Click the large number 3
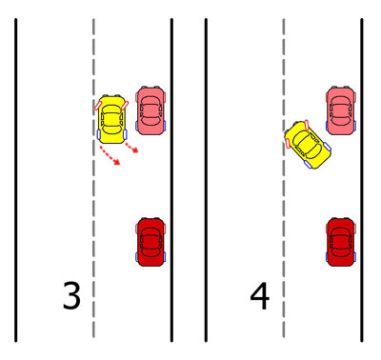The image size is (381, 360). point(71,295)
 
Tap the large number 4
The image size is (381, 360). point(260,296)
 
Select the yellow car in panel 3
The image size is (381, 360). point(111,119)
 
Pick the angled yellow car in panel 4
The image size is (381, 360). point(308,144)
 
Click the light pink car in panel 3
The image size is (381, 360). point(150,110)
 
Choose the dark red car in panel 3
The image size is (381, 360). point(150,242)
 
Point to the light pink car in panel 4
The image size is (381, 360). point(341,110)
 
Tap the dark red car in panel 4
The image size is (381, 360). point(341,242)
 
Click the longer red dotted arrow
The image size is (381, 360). point(110,155)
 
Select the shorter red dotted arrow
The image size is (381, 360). point(131,148)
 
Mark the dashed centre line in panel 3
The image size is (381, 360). point(93,178)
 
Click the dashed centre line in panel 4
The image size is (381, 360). point(284,178)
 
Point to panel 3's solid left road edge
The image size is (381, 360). point(15,180)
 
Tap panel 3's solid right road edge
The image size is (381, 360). point(171,180)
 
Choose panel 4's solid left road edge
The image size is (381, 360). point(206,180)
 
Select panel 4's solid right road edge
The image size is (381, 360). point(362,180)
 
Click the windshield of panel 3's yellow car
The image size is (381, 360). point(111,130)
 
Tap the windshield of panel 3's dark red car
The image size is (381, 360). point(150,252)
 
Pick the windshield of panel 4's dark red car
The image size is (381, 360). point(341,252)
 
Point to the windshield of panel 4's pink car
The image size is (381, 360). point(341,121)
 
